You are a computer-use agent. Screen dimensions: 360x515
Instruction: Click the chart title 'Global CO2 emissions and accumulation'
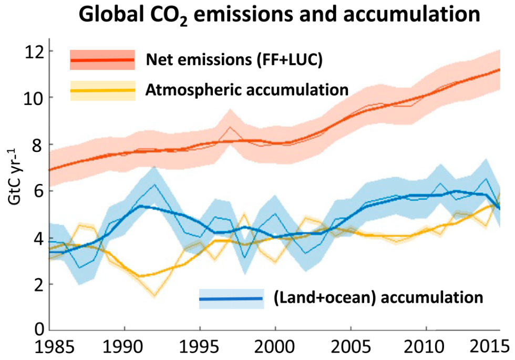[279, 16]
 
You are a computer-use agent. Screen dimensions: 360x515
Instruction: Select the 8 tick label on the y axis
[36, 145]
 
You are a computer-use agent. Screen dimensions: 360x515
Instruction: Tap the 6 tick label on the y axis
[36, 191]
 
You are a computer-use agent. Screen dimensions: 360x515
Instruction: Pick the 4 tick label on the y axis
[36, 238]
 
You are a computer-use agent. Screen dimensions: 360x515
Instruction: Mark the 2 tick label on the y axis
[36, 284]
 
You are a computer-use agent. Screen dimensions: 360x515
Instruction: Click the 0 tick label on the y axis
[36, 330]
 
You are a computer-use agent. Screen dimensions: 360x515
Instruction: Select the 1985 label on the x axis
[50, 348]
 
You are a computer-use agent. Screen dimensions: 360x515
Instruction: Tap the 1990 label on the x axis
[125, 348]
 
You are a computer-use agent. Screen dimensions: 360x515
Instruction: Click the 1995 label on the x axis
[200, 348]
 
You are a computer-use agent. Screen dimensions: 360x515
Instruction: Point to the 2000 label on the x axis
[275, 348]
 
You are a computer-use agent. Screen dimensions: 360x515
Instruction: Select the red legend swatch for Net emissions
[102, 59]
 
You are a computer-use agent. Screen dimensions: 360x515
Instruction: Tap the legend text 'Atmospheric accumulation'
[248, 89]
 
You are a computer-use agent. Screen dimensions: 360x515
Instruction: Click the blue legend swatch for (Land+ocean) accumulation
[231, 299]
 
